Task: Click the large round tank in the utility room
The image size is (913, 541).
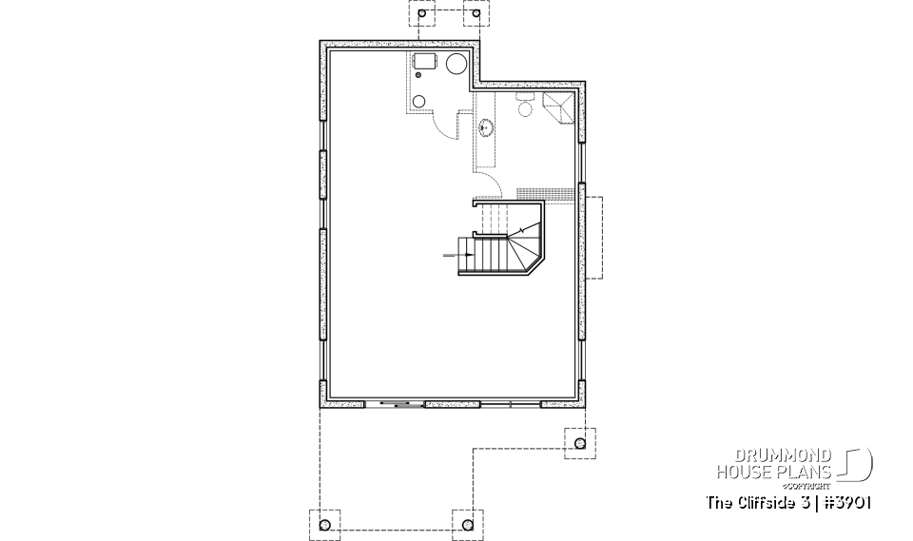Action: pyautogui.click(x=456, y=65)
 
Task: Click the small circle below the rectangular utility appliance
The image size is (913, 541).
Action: pyautogui.click(x=419, y=102)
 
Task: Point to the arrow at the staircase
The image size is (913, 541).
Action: pyautogui.click(x=453, y=255)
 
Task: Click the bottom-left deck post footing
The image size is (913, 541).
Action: pyautogui.click(x=323, y=524)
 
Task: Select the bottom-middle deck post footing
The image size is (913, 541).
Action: pyautogui.click(x=466, y=524)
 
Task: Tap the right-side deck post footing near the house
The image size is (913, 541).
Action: pyautogui.click(x=578, y=442)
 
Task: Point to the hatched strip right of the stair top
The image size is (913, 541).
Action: pyautogui.click(x=546, y=194)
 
